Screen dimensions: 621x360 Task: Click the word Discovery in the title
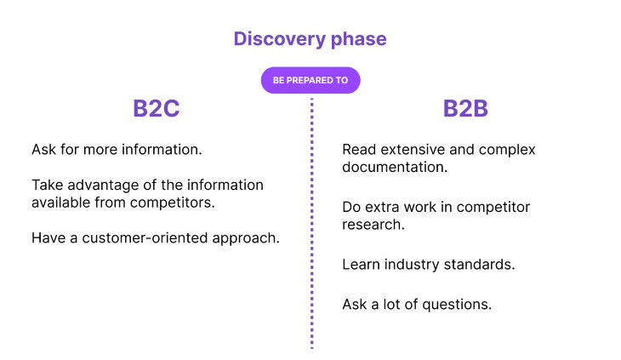click(x=280, y=39)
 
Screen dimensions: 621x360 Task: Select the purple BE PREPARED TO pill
click(x=310, y=80)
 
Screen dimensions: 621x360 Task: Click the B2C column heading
click(x=156, y=108)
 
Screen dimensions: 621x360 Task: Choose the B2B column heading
click(x=465, y=108)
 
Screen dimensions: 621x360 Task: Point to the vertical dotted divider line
click(x=311, y=223)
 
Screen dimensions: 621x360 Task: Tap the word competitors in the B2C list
click(x=173, y=203)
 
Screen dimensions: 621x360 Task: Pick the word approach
click(x=246, y=239)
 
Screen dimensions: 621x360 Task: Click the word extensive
click(x=413, y=150)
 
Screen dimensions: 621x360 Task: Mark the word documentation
click(x=395, y=167)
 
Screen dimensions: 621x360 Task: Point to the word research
click(x=373, y=225)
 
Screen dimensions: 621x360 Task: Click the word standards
click(x=479, y=265)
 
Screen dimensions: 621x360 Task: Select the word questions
click(x=457, y=305)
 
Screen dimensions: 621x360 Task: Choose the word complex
click(x=507, y=150)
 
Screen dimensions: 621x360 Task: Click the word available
click(x=61, y=203)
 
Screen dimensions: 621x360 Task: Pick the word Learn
click(x=361, y=265)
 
